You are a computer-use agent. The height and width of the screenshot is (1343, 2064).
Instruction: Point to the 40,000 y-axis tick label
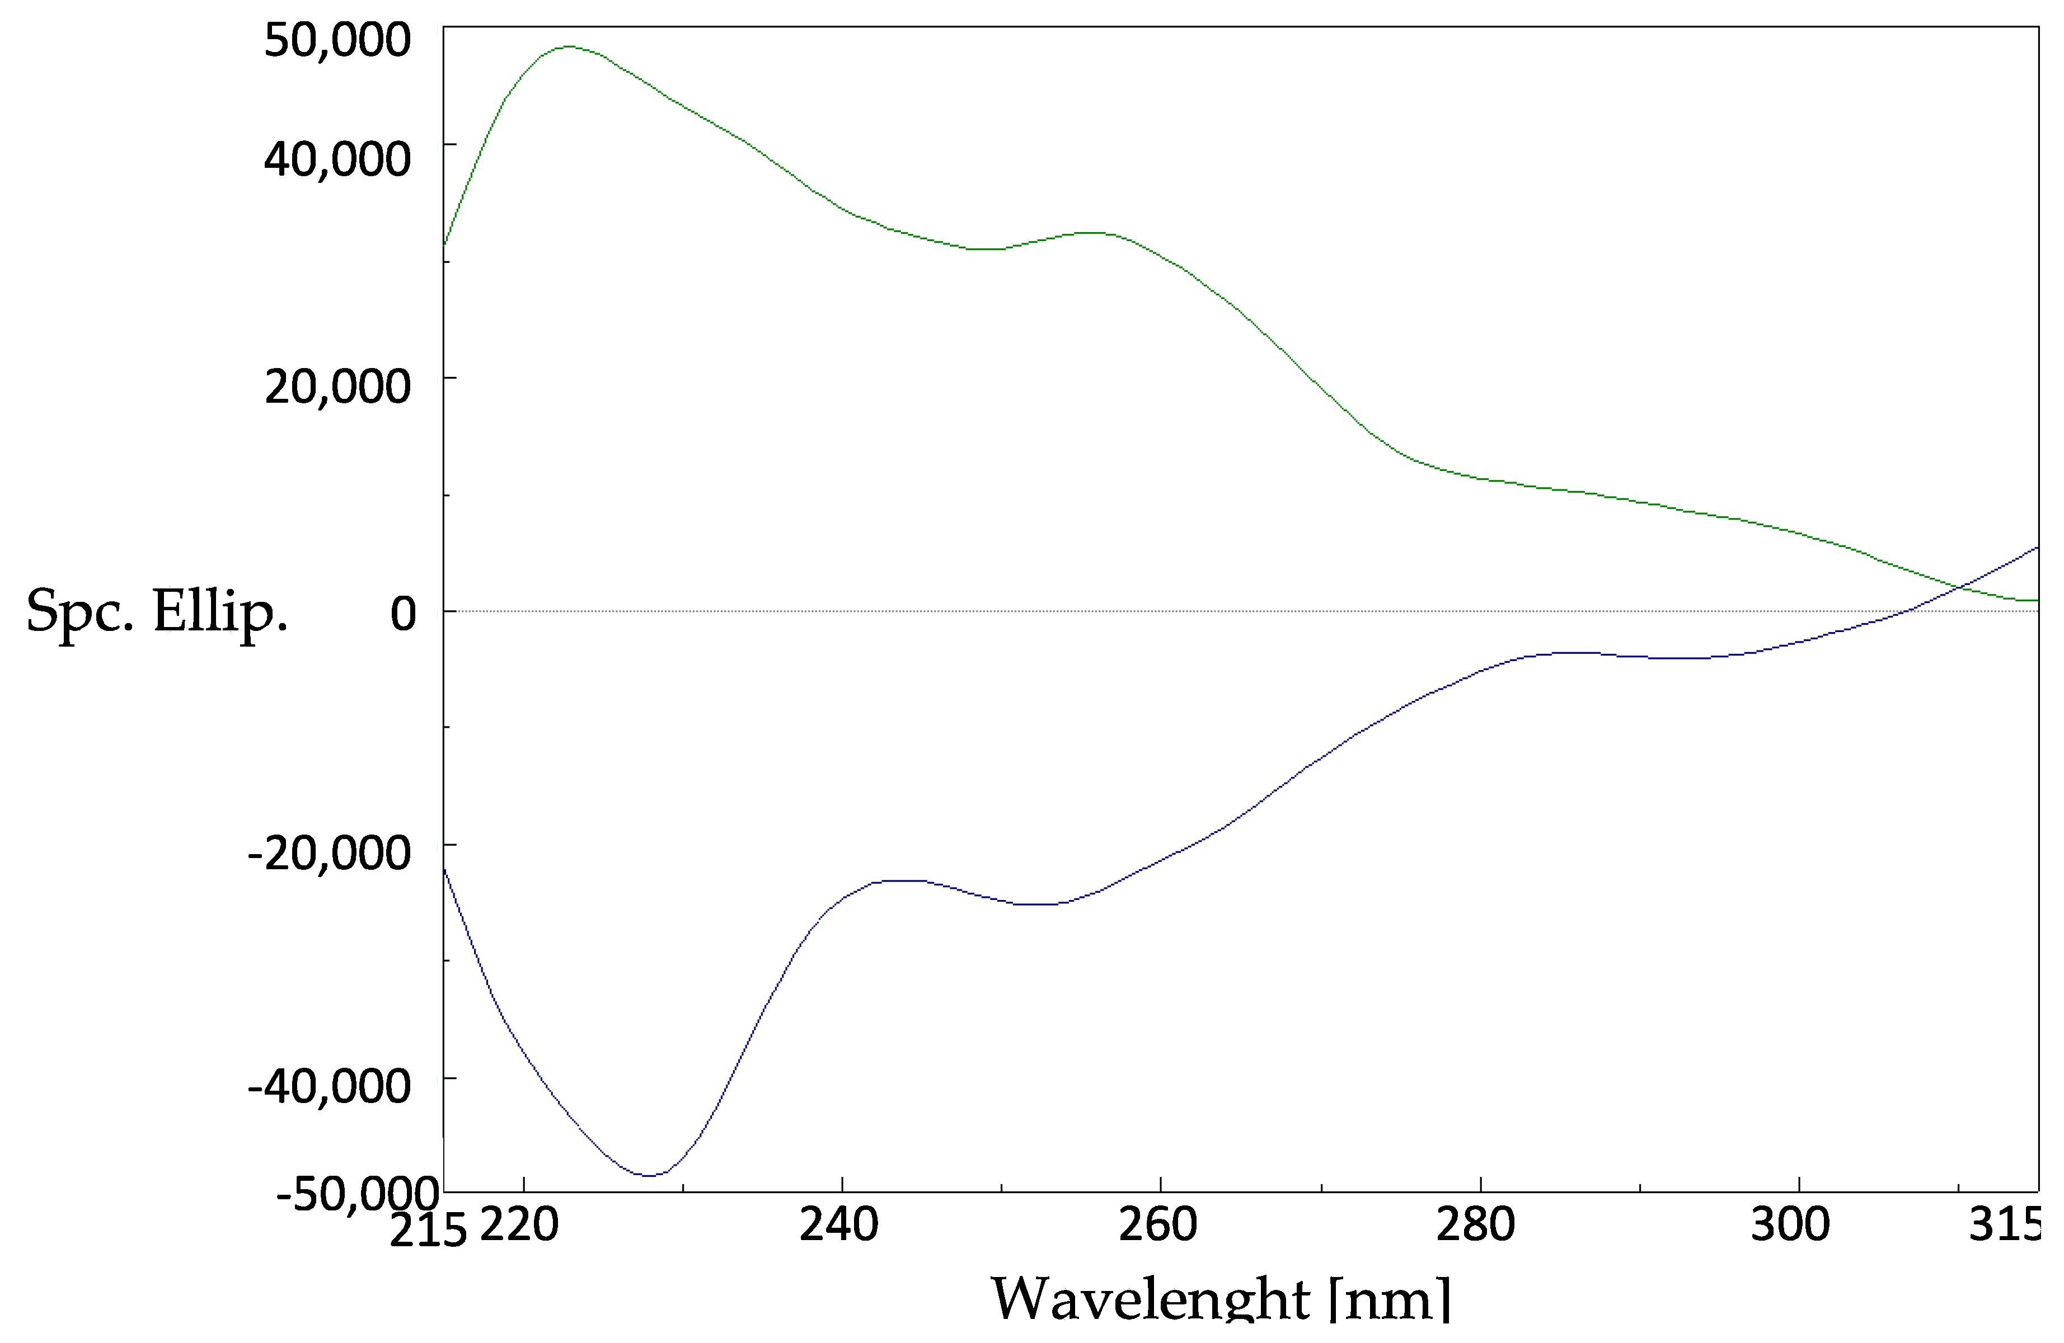click(336, 159)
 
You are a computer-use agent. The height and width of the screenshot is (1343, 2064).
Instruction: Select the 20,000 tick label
click(336, 386)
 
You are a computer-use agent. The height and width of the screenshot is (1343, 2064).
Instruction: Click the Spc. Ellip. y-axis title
click(157, 611)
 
